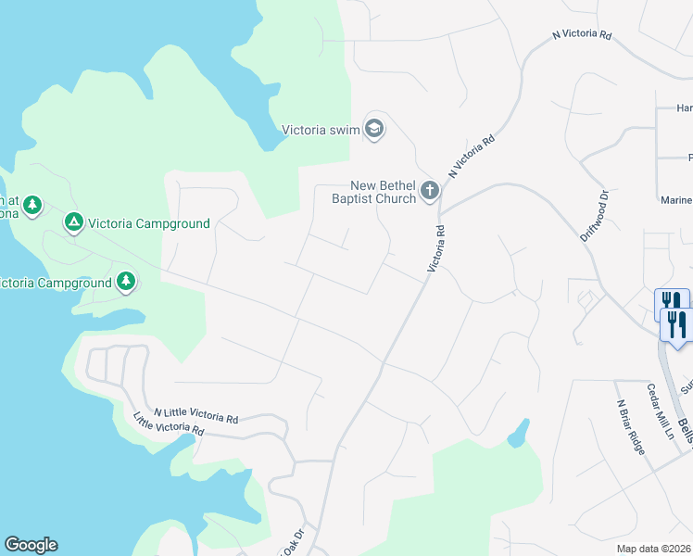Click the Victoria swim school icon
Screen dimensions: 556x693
coord(374,129)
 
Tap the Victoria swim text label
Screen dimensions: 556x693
coord(320,130)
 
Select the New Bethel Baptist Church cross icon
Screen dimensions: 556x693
coord(429,191)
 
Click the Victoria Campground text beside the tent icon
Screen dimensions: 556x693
coord(149,223)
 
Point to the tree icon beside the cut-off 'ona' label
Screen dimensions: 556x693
coord(32,205)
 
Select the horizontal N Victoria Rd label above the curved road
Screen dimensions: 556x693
coord(582,35)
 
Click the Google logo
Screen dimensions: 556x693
coord(31,545)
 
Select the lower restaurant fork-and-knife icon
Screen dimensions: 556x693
coord(677,325)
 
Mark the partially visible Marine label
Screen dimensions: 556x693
coord(676,200)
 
